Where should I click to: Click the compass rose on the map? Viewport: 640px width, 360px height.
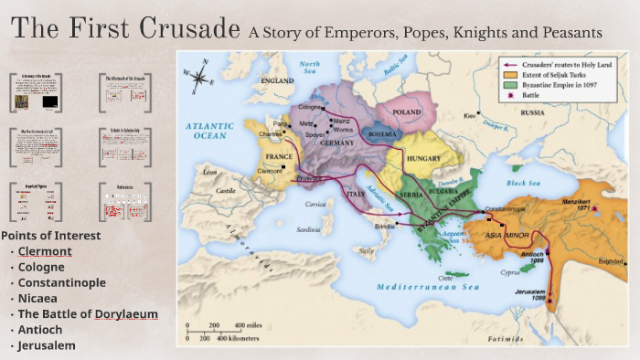click(x=199, y=75)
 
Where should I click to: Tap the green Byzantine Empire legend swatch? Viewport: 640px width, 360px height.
click(x=508, y=85)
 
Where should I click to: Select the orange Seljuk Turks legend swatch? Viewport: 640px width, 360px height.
click(x=508, y=75)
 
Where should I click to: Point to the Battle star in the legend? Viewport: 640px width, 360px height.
click(x=508, y=95)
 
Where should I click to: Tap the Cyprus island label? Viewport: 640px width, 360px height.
click(x=510, y=272)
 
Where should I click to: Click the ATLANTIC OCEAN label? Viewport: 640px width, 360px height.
click(x=208, y=129)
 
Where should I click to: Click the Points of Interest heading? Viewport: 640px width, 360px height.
click(x=51, y=235)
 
